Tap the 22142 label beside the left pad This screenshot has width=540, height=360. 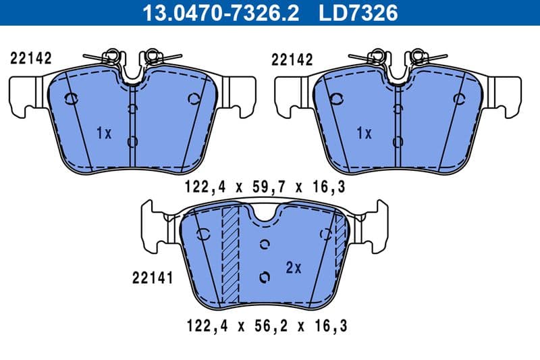coord(31,59)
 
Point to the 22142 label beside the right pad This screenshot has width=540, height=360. coord(292,59)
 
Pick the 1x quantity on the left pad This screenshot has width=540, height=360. coord(103,133)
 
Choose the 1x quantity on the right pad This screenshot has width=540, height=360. coord(364,133)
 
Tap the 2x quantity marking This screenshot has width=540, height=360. coord(293,268)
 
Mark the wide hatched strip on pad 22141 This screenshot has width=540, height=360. coord(231,253)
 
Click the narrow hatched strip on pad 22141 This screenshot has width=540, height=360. coord(340,240)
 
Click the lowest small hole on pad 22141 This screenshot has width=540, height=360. coord(265,276)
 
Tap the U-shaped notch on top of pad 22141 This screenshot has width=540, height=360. coord(264,215)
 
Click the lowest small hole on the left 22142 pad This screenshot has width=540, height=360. coord(132,141)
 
